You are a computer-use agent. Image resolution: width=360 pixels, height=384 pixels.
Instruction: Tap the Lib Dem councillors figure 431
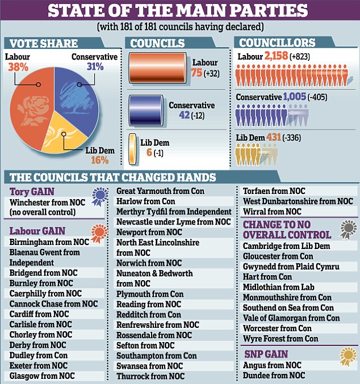[x=274, y=137]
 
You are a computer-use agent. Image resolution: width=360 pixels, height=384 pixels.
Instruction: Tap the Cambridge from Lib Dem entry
[x=286, y=246]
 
